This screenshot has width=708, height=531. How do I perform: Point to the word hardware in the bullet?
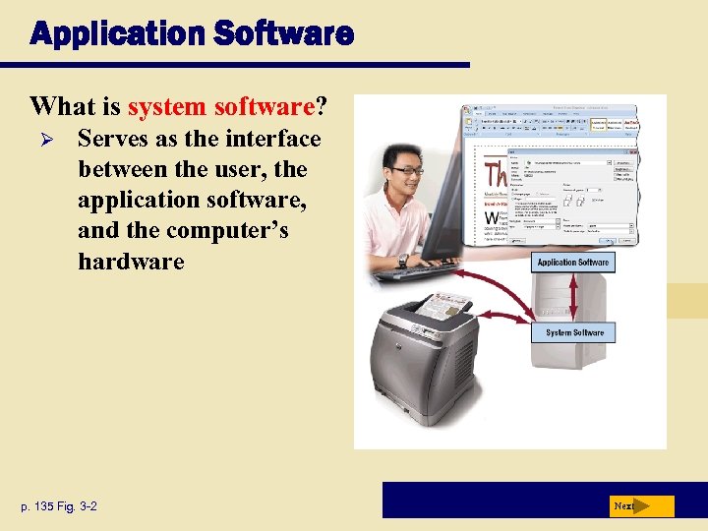tap(131, 261)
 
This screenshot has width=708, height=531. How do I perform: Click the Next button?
tap(639, 506)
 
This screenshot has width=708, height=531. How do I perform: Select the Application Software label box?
tap(573, 263)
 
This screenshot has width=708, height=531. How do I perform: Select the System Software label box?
tap(574, 332)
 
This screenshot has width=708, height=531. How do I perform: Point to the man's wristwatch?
tap(402, 261)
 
